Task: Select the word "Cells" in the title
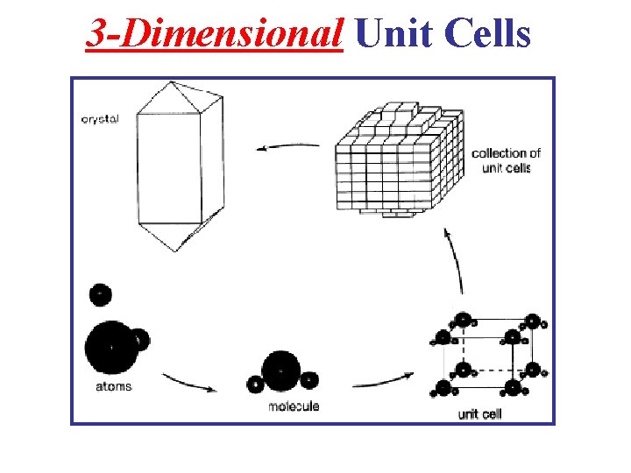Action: [487, 34]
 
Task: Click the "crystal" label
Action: [99, 119]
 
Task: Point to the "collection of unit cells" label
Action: [506, 160]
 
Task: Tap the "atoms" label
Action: [113, 386]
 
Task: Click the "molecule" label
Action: [293, 406]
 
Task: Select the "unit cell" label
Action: [479, 413]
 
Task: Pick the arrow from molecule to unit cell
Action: [383, 381]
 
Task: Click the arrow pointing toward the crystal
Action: [280, 146]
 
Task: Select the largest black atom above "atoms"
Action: [110, 346]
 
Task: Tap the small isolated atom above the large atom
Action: [101, 294]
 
